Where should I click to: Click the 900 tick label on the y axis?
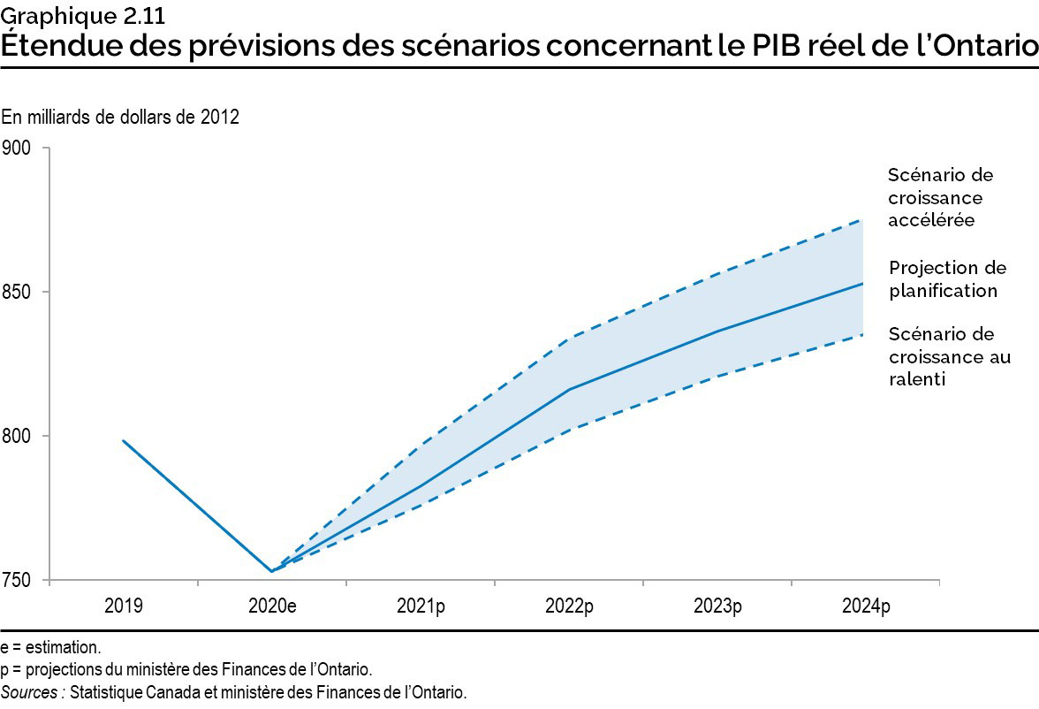[19, 148]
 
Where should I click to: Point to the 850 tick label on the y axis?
[19, 292]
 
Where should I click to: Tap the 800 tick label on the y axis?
[19, 436]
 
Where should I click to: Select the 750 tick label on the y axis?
[19, 581]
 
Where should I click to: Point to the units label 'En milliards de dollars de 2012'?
[120, 117]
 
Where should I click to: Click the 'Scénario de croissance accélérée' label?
[935, 197]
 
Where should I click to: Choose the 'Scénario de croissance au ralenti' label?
[949, 356]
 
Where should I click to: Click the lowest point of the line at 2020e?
[271, 571]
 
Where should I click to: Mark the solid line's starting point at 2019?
[123, 440]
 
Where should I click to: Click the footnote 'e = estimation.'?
[50, 648]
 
